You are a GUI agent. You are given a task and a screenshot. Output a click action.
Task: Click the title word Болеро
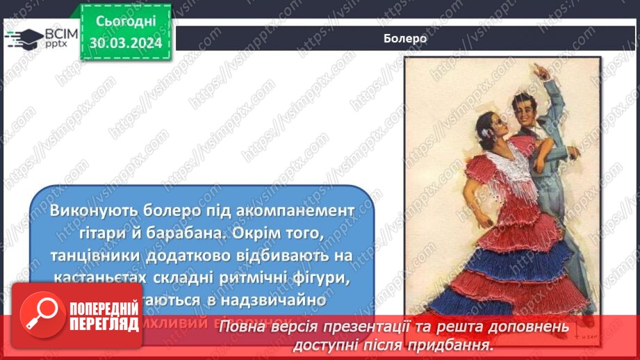[404, 39]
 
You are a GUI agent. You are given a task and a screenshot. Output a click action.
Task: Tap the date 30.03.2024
[125, 43]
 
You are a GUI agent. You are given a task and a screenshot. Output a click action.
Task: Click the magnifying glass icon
[41, 314]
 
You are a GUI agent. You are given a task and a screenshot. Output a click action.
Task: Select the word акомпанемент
[292, 210]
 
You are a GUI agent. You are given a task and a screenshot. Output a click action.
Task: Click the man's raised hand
[540, 70]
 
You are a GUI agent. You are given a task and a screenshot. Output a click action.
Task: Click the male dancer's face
[525, 110]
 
